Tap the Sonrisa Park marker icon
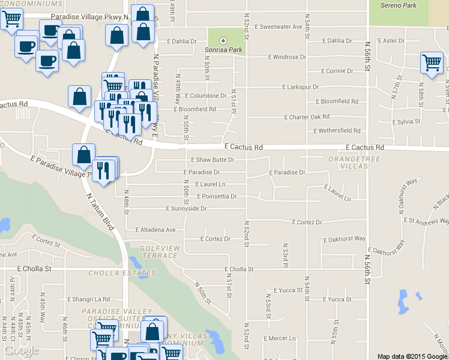coord(223,41)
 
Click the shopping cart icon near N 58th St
coord(432,62)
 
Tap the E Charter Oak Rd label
coord(307,117)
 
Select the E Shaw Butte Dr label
coord(212,160)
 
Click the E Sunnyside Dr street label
coord(187,209)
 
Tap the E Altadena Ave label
coord(155,230)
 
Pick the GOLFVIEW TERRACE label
coord(158,251)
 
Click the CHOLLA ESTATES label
coord(122,274)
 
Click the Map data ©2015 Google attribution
coord(412,356)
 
